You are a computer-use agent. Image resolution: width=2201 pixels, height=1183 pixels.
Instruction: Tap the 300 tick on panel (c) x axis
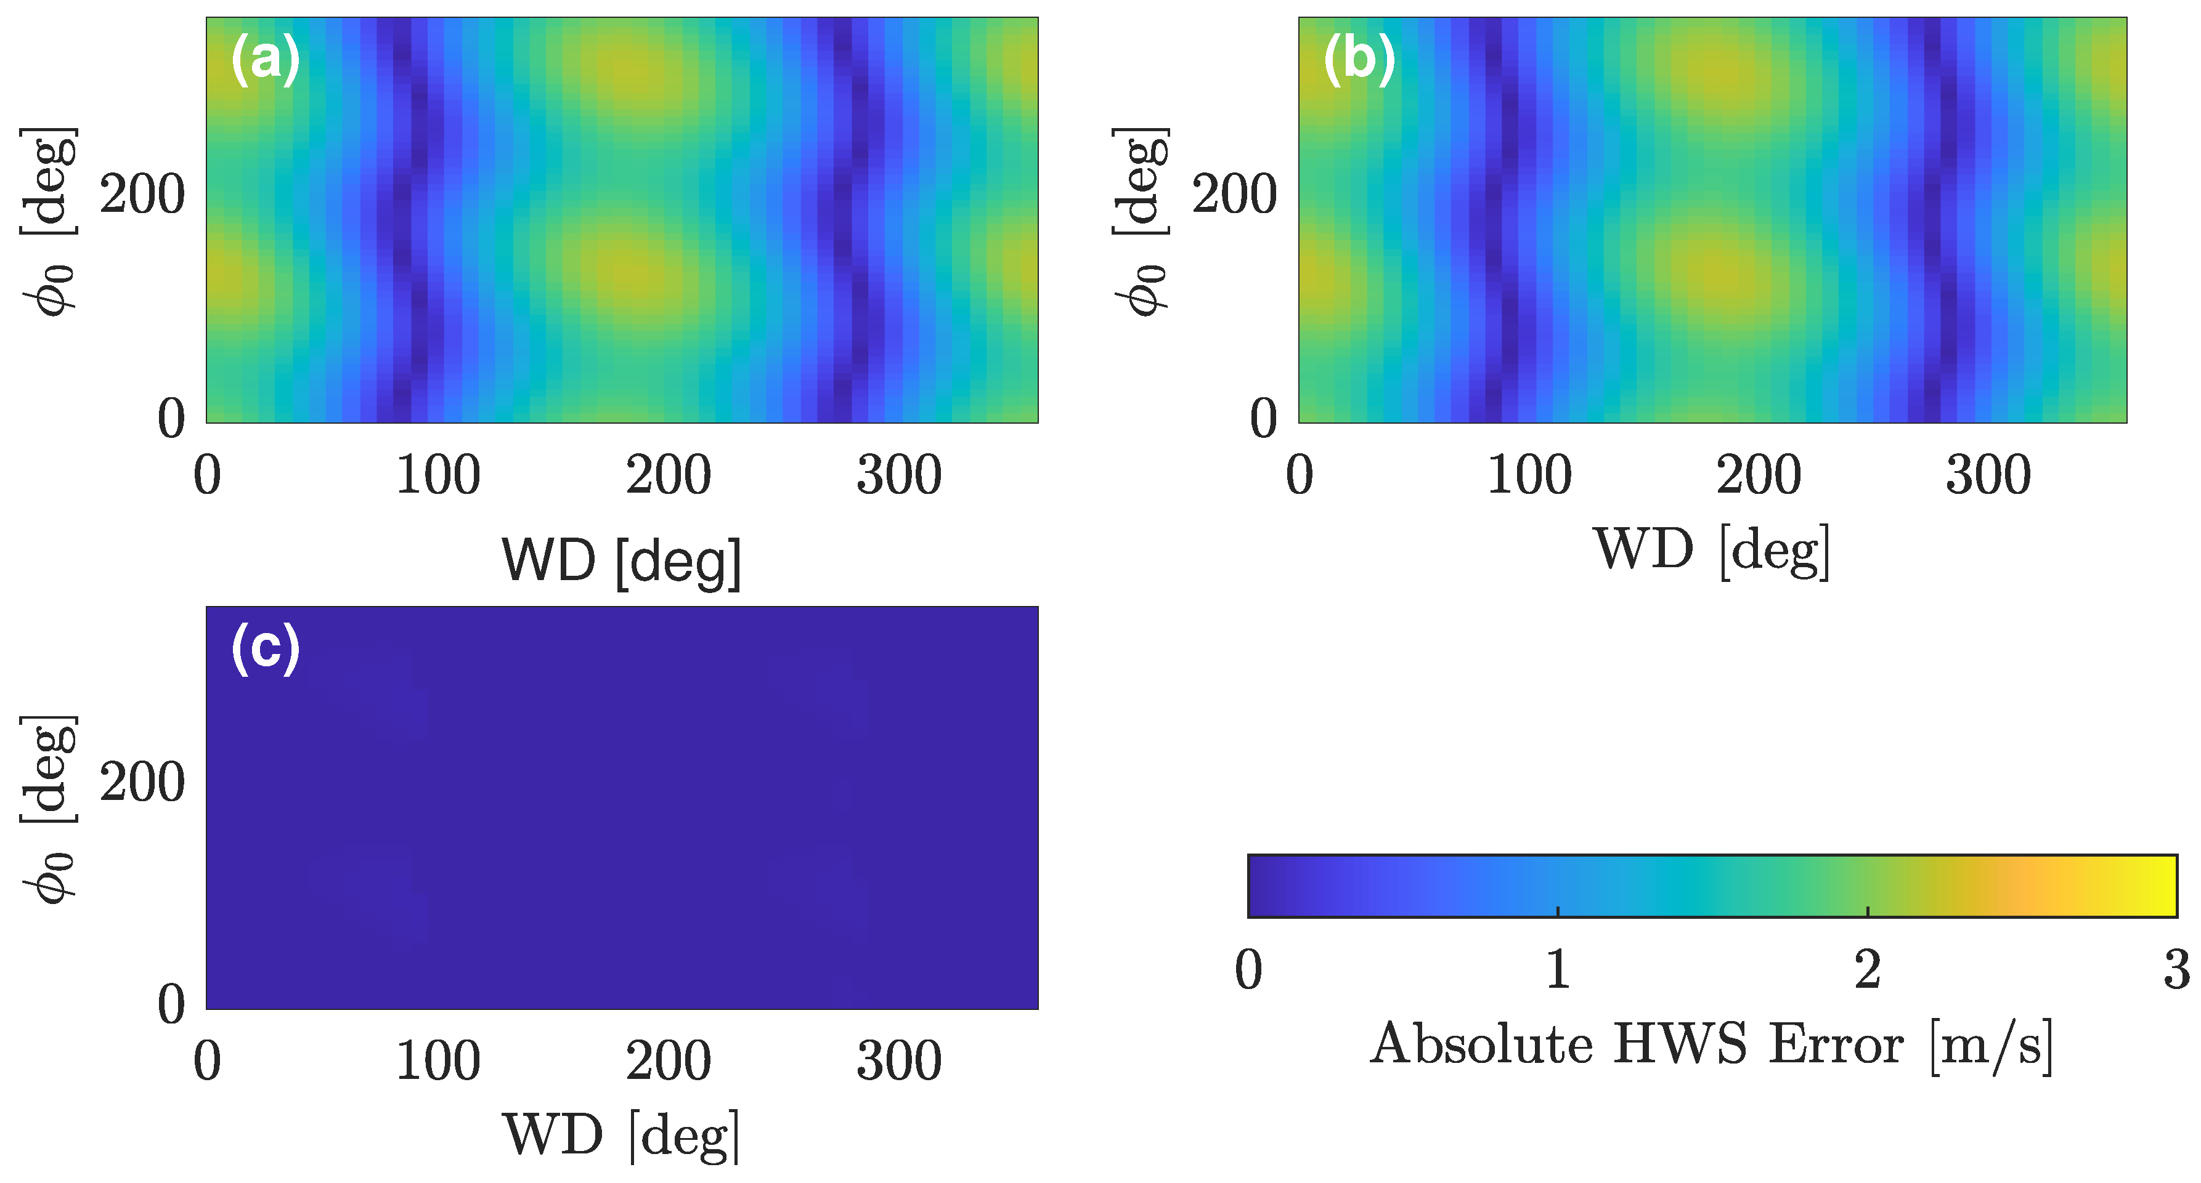tap(899, 1062)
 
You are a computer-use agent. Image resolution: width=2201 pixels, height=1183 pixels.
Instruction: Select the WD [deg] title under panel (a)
tap(621, 561)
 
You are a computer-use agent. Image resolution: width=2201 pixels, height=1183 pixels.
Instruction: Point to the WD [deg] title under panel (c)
tap(621, 1136)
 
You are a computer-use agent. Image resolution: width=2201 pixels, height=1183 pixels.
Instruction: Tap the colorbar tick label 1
tap(1558, 969)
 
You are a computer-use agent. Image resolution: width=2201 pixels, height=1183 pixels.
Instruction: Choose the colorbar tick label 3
tap(2175, 969)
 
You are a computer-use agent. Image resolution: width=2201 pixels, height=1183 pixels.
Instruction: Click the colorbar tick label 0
tap(1248, 969)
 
